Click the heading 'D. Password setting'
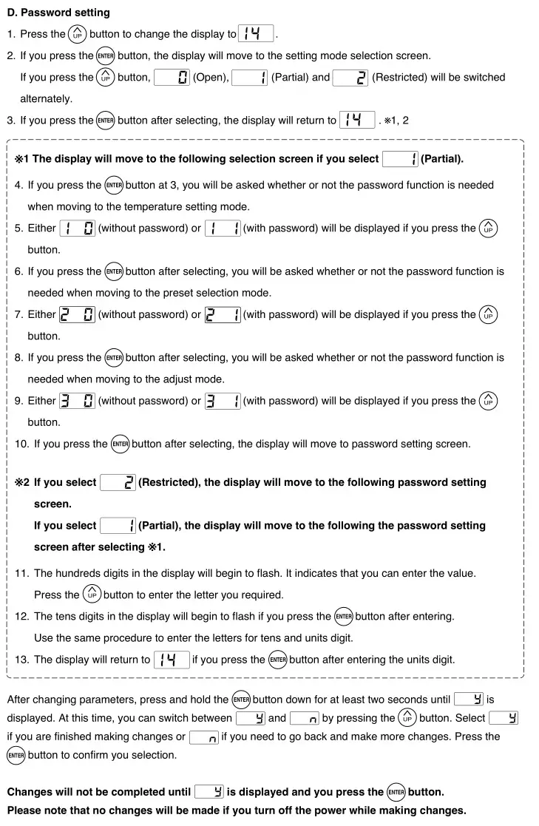tap(58, 13)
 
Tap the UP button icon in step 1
tap(78, 34)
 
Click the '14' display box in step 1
tap(256, 34)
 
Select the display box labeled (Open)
tap(172, 78)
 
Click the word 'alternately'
tap(46, 98)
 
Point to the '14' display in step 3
tap(357, 121)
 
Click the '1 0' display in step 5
tap(77, 228)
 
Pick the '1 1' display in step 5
tap(222, 228)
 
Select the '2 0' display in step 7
tap(77, 315)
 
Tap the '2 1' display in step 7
tap(222, 315)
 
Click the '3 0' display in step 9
tap(77, 402)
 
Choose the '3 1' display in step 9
tap(222, 402)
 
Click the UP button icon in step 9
tap(488, 401)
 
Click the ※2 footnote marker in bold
tap(22, 483)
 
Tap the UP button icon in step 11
tap(92, 595)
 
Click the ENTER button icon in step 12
tap(344, 617)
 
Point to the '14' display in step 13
tap(172, 660)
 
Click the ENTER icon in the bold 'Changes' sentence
tap(396, 792)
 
